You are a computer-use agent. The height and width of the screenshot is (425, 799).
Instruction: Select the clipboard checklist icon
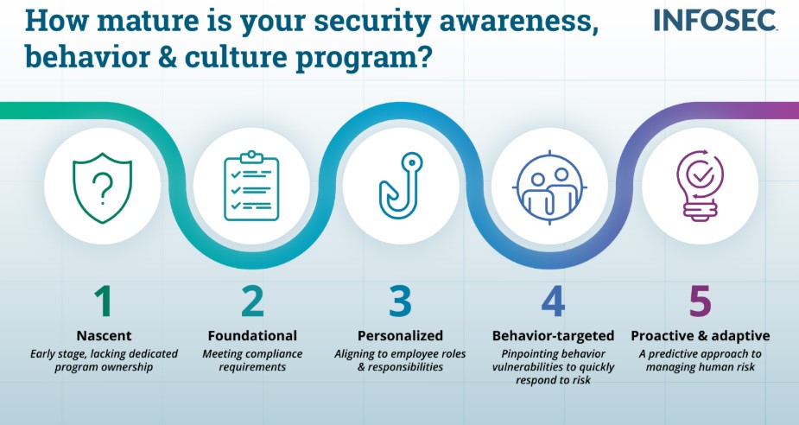click(251, 184)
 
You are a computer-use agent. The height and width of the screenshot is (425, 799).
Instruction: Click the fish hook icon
click(399, 184)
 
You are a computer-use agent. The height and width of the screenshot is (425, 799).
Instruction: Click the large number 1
click(103, 301)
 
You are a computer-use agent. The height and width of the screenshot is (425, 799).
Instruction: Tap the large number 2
click(251, 301)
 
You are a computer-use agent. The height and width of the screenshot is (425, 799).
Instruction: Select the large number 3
click(399, 301)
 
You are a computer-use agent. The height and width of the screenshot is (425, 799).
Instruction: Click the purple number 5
click(701, 301)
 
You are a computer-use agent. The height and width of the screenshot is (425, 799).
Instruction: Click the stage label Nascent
click(103, 335)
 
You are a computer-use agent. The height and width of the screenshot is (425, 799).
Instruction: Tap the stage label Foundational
click(252, 335)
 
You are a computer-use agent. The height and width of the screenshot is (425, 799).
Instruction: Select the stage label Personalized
click(400, 335)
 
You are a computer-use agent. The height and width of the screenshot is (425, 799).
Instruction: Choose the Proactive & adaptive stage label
click(701, 335)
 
